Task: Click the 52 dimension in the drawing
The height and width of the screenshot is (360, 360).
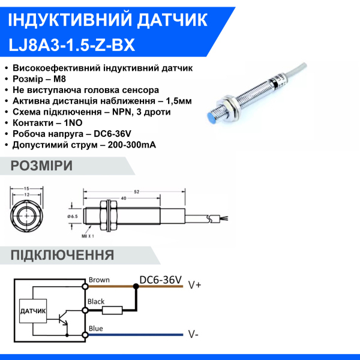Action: [137, 191]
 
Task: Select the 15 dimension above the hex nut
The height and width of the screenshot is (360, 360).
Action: [27, 189]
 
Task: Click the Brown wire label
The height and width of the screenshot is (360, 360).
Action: [99, 280]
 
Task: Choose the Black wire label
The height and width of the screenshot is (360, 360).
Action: [97, 302]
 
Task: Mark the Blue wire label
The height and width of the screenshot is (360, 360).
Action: [95, 328]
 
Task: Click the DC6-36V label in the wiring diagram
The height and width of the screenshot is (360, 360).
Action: [160, 280]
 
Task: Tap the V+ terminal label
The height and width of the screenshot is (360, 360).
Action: [194, 286]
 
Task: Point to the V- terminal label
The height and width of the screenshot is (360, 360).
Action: [193, 334]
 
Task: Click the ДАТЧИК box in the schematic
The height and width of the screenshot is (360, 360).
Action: [33, 311]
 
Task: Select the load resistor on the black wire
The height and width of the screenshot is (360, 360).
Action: [112, 310]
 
